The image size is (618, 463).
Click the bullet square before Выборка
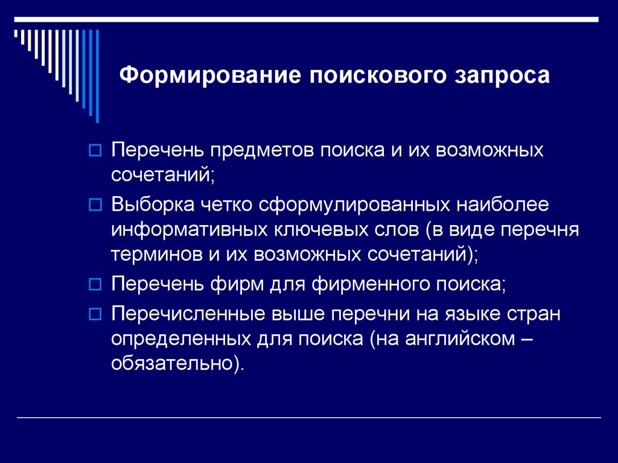point(94,206)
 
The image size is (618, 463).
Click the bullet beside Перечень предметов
point(94,151)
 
